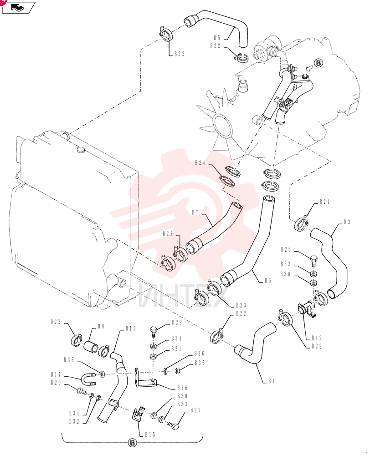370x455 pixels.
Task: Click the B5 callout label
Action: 217,38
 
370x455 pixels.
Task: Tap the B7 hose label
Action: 195,212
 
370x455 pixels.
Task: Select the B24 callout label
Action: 200,163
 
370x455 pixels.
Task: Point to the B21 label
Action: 324,202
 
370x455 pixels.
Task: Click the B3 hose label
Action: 347,222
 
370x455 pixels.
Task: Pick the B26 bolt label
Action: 286,249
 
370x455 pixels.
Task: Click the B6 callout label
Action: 268,280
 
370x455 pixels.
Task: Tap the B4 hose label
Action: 272,381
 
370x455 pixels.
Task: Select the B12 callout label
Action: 317,338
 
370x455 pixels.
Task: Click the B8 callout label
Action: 101,326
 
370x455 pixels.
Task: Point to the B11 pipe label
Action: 131,329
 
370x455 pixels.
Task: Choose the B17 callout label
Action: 56,374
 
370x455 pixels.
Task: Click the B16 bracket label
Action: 183,388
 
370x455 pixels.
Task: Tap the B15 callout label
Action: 150,435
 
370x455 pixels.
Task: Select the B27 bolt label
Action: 196,410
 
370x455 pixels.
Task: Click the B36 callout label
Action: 200,354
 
